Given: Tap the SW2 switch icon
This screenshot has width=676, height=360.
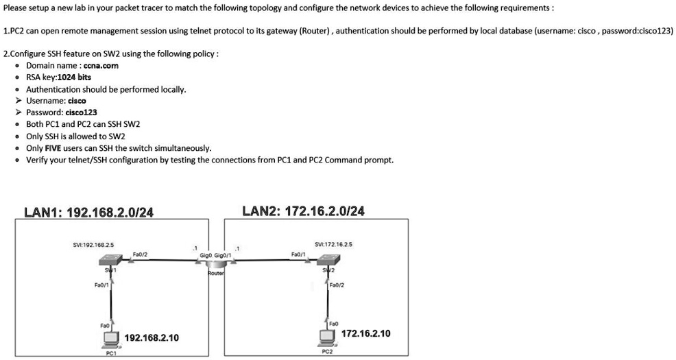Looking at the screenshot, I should pyautogui.click(x=328, y=261).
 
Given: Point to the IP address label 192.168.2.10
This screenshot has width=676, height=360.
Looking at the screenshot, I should pyautogui.click(x=152, y=338).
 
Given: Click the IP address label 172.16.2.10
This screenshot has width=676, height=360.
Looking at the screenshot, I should pyautogui.click(x=367, y=333).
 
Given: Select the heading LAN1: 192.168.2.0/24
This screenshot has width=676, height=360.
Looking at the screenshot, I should pyautogui.click(x=88, y=213).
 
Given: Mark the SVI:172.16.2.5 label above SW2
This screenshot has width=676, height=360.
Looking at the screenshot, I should pyautogui.click(x=334, y=244).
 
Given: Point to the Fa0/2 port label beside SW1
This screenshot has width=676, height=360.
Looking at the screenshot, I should pyautogui.click(x=140, y=254).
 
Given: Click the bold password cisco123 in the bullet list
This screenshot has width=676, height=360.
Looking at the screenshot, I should pyautogui.click(x=81, y=112).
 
